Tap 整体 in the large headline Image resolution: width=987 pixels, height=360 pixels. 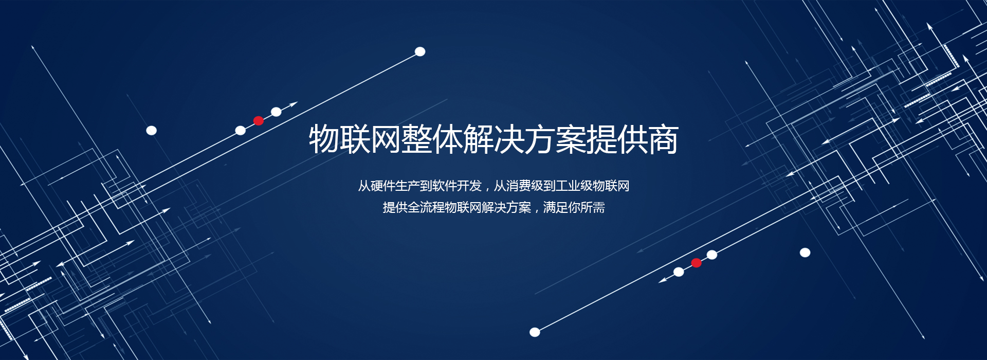pyautogui.click(x=432, y=139)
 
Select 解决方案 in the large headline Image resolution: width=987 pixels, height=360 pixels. pyautogui.click(x=524, y=139)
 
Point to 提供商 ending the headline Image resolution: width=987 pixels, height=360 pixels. pyautogui.click(x=632, y=139)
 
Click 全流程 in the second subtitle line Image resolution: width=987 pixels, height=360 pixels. pyautogui.click(x=426, y=207)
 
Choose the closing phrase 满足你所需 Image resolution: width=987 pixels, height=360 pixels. pyautogui.click(x=574, y=207)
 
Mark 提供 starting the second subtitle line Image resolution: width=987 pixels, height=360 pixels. pyautogui.click(x=395, y=207)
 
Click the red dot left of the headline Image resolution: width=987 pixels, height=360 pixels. pyautogui.click(x=259, y=121)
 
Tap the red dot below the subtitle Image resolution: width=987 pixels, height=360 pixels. pyautogui.click(x=697, y=263)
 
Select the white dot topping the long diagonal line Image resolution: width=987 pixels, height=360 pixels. pyautogui.click(x=420, y=51)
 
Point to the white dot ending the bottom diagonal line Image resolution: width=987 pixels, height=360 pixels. pyautogui.click(x=535, y=332)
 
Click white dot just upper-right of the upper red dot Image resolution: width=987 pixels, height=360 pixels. pyautogui.click(x=276, y=112)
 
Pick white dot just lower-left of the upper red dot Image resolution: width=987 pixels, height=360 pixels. pyautogui.click(x=241, y=131)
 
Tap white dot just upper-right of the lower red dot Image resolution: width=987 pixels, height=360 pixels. pyautogui.click(x=712, y=255)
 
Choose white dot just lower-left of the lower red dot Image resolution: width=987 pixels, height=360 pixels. pyautogui.click(x=679, y=272)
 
